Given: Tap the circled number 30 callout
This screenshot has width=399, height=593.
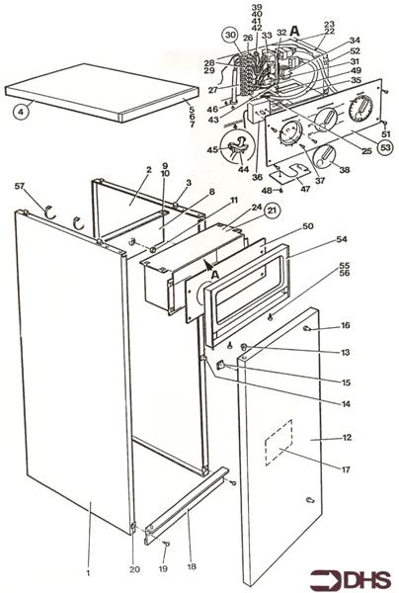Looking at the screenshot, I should pos(229,35).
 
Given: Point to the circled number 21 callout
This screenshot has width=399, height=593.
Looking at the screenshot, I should pos(244,211).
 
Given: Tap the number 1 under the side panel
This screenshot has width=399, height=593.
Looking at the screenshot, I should pos(88,572).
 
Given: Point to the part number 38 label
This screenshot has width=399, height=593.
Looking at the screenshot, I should pos(346,170).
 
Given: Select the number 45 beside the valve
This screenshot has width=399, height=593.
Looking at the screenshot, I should pos(210,149).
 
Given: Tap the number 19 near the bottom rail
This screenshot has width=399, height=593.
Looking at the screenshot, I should pos(164,569).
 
